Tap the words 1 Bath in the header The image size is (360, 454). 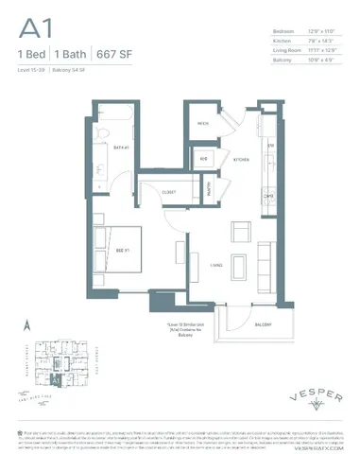[x=71, y=55]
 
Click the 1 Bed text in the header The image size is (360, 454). [x=30, y=55]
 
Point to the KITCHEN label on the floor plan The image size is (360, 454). [x=241, y=160]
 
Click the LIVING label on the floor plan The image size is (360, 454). [x=216, y=266]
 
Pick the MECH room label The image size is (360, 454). [x=202, y=123]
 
